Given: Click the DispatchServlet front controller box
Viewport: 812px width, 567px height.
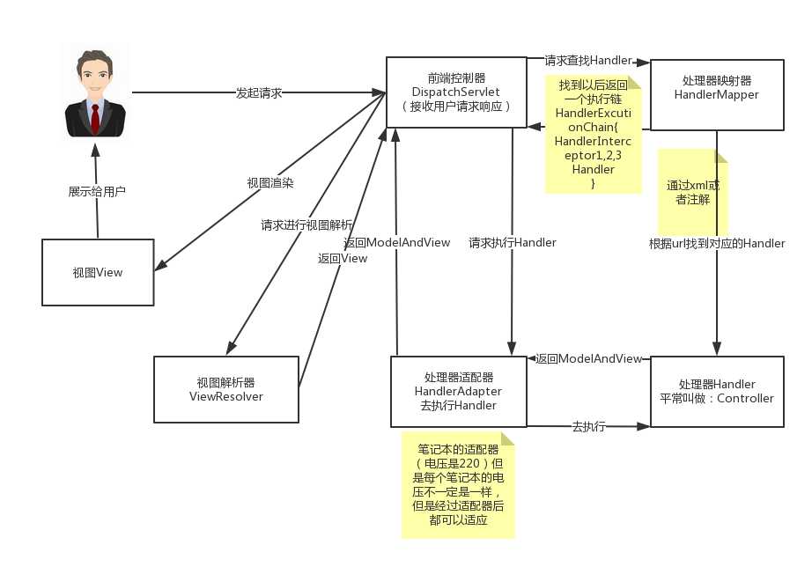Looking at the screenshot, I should click(x=455, y=92).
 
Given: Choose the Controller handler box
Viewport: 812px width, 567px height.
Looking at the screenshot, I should click(x=716, y=391).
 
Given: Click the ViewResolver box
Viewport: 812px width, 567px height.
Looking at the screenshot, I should click(x=225, y=389).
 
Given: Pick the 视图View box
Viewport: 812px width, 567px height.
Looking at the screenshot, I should click(x=97, y=272).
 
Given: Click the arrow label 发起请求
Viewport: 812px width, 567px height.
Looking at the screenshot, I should click(x=258, y=92).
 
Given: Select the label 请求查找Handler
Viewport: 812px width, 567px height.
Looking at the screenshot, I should click(x=587, y=61).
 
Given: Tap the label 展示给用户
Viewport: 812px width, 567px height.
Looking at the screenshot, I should click(x=97, y=190).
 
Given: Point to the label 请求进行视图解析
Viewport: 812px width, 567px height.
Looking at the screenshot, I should click(x=306, y=224).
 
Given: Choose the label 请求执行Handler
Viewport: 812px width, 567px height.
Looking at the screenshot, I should click(x=512, y=242).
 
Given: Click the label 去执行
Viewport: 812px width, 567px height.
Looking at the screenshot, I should click(x=588, y=426).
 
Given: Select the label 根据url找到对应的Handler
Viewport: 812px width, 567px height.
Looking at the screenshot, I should click(x=716, y=243).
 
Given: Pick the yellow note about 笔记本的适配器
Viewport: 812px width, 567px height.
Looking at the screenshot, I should click(x=458, y=484).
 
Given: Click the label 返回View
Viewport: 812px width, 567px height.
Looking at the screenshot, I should click(x=343, y=258).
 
